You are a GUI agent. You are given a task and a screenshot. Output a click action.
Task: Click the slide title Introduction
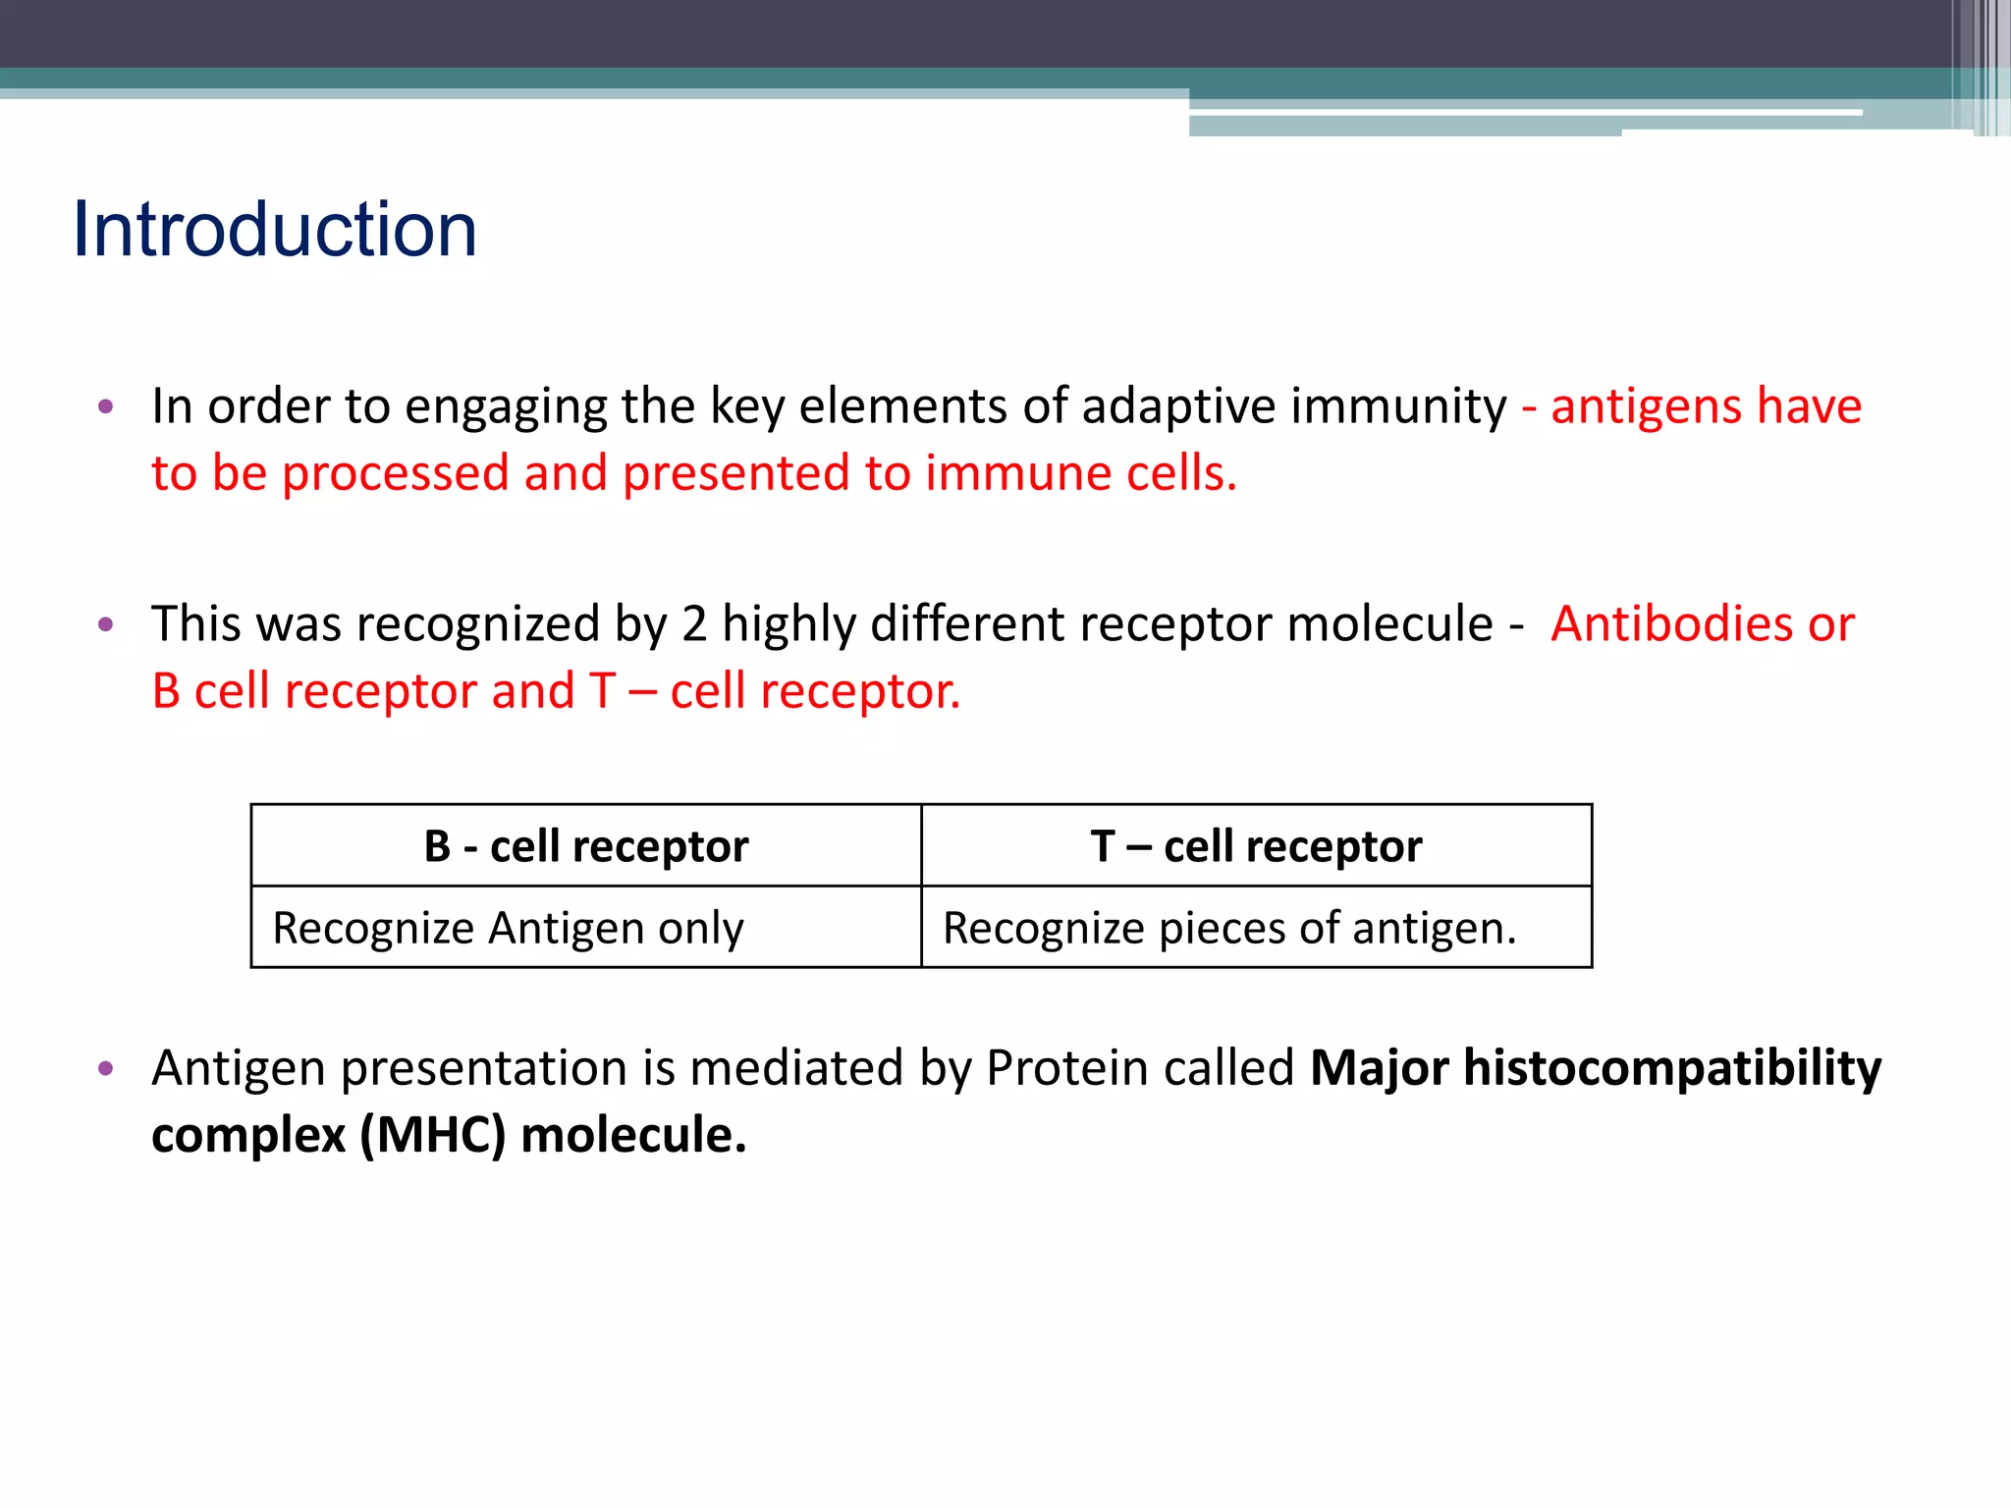[x=275, y=230]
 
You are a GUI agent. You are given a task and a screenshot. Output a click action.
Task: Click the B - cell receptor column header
[x=586, y=846]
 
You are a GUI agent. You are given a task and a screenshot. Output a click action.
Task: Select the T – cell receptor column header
[x=1256, y=846]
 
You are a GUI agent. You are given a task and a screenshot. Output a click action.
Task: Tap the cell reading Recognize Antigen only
[x=508, y=928]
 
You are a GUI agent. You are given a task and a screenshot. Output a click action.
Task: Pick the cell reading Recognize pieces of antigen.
[x=1229, y=928]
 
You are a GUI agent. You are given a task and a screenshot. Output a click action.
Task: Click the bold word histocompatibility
[x=1672, y=1068]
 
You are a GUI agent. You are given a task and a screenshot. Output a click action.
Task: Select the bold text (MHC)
[x=433, y=1136]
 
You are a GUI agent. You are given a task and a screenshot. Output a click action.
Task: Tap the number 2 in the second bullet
[x=694, y=624]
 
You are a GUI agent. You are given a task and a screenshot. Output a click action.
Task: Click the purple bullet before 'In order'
[x=106, y=406]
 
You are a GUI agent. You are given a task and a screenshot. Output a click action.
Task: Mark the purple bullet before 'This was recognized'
[x=106, y=624]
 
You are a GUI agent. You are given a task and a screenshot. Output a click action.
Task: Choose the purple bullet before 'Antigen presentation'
[x=106, y=1068]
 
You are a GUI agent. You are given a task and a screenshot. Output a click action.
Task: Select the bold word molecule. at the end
[x=633, y=1136]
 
